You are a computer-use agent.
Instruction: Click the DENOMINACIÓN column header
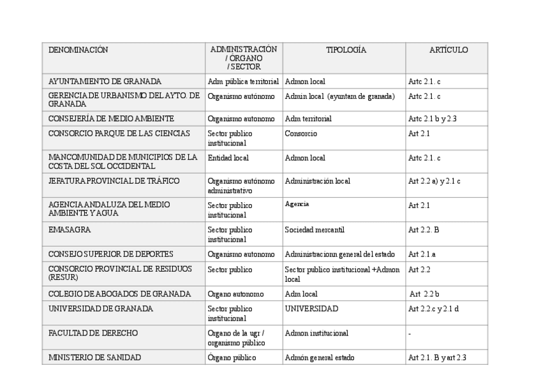(x=78, y=50)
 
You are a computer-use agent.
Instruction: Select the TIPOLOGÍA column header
(x=346, y=50)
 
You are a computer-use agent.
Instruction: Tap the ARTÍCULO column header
(x=448, y=50)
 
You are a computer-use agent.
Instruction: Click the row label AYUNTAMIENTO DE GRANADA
(x=105, y=82)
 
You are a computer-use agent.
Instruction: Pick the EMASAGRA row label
(x=70, y=228)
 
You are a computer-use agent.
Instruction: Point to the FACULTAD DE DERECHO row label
(x=93, y=333)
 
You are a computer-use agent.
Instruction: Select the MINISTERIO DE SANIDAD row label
(x=94, y=357)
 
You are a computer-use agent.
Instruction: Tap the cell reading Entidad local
(x=228, y=158)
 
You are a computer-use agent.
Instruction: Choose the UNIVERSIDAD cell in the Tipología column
(x=311, y=309)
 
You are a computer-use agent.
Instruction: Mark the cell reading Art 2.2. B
(x=424, y=229)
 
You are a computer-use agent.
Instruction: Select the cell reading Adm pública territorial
(x=243, y=82)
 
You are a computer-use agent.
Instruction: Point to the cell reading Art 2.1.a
(x=422, y=254)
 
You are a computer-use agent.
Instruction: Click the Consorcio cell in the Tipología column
(x=300, y=134)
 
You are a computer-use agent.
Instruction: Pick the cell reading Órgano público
(x=232, y=358)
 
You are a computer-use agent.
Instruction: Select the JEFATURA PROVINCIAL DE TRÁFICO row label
(x=114, y=181)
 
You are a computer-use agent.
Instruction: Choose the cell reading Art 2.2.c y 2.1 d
(x=433, y=309)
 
